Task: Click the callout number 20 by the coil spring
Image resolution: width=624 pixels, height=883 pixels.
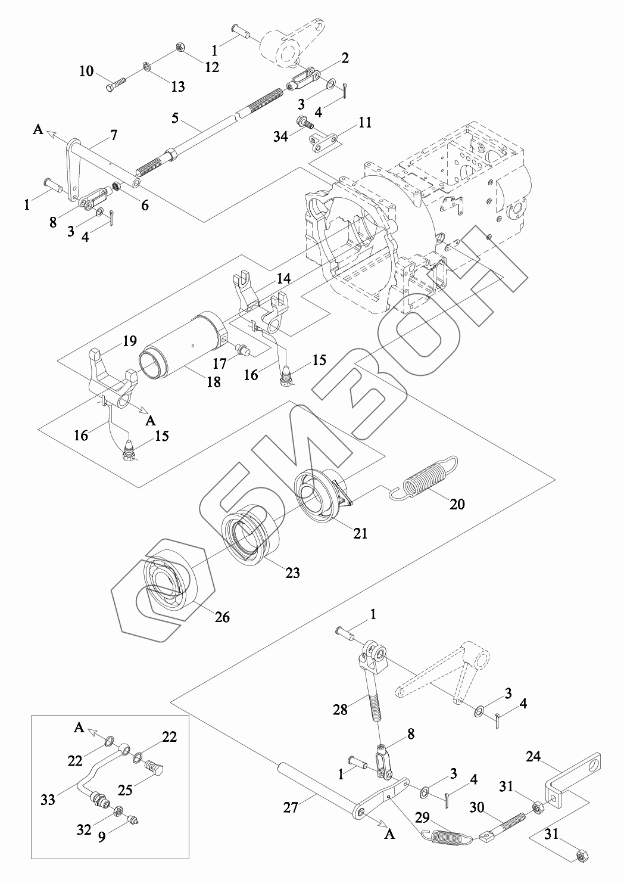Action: click(x=457, y=504)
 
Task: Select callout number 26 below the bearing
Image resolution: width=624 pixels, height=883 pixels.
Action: click(x=221, y=617)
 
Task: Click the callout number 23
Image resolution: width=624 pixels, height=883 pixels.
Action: click(x=292, y=573)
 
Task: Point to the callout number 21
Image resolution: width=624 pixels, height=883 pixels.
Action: click(x=360, y=533)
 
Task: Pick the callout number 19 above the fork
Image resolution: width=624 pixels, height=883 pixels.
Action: click(x=130, y=341)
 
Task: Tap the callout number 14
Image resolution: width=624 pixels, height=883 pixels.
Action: click(x=283, y=278)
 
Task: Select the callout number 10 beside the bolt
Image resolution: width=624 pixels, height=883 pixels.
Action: click(x=86, y=71)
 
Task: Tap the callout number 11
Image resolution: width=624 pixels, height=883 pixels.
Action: click(x=364, y=123)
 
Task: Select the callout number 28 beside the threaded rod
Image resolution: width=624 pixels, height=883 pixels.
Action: click(x=341, y=709)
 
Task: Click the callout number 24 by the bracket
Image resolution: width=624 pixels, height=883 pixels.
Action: click(x=533, y=757)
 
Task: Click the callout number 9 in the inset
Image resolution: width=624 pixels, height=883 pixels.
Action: click(x=102, y=837)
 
